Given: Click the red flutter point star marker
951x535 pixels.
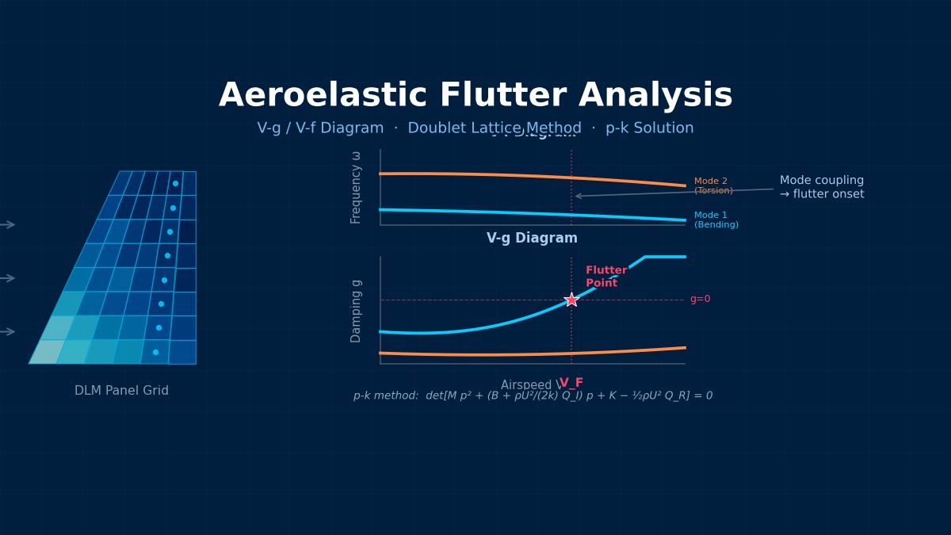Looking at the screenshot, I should click(x=571, y=300).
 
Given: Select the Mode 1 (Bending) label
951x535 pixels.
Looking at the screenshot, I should click(x=716, y=220).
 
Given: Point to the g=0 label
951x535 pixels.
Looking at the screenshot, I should click(x=700, y=299).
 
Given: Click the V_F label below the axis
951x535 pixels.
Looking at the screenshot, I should click(x=571, y=383).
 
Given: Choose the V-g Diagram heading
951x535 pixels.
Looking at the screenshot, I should click(x=532, y=238).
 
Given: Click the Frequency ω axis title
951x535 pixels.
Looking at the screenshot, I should click(x=356, y=188).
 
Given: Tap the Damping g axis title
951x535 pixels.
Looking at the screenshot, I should click(x=356, y=311).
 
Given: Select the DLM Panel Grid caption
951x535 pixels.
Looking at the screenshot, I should click(x=121, y=391).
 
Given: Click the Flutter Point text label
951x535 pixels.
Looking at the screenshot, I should click(x=605, y=277).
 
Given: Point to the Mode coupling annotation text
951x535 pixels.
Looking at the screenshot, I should click(x=821, y=187).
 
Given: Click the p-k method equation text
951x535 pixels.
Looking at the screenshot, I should click(x=533, y=396).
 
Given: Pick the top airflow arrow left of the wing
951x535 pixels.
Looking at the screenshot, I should click(x=7, y=224).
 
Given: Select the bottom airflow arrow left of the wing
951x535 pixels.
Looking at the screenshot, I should click(x=7, y=331).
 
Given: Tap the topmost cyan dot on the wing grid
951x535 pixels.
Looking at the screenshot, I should click(x=175, y=183).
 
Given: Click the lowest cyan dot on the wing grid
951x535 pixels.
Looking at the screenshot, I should click(x=155, y=352).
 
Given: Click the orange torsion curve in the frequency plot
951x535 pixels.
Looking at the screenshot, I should click(x=475, y=174).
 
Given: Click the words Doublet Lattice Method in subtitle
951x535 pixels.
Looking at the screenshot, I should click(x=495, y=128).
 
